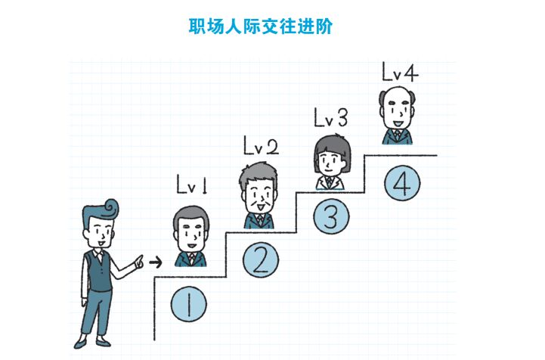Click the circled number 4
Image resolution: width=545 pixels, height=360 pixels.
[401, 183]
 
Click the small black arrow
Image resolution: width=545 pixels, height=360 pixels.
[156, 262]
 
